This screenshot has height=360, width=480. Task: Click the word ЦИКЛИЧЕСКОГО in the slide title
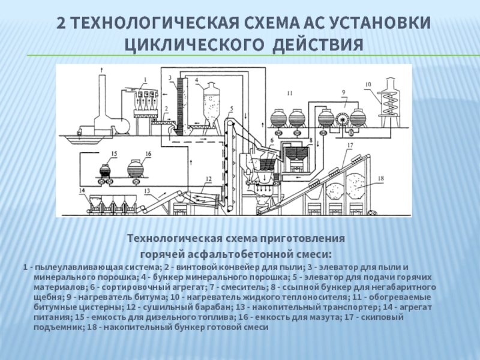click(x=194, y=44)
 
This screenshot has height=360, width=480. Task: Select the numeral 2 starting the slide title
click(x=61, y=23)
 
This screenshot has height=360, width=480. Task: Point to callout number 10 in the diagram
click(x=368, y=84)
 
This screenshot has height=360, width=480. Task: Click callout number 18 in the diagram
click(x=381, y=178)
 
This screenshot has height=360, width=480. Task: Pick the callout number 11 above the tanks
click(x=290, y=93)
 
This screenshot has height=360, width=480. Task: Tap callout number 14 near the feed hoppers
click(x=82, y=190)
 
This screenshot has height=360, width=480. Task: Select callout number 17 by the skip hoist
click(x=350, y=145)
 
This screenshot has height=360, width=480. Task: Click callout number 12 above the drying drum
click(x=209, y=179)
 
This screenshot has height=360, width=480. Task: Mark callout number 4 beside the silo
click(x=197, y=80)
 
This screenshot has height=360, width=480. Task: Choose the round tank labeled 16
click(x=136, y=169)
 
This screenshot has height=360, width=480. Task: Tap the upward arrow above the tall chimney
click(x=101, y=70)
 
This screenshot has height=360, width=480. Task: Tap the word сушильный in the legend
click(x=163, y=307)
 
